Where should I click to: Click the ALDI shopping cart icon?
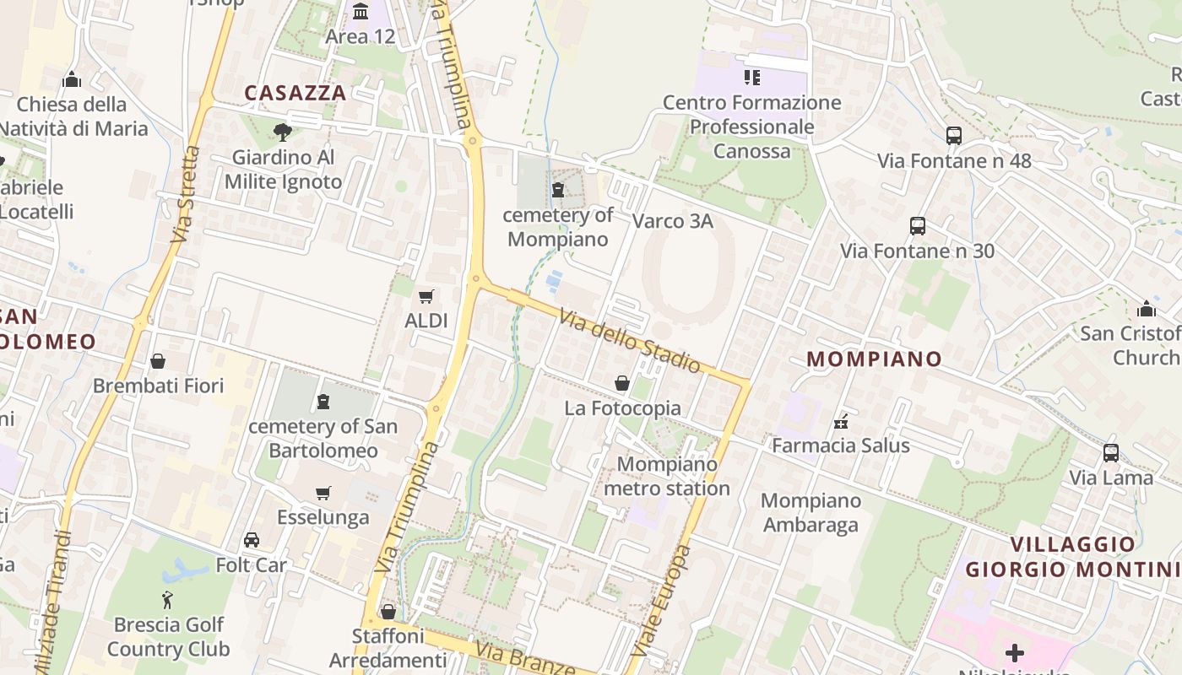[x=426, y=296]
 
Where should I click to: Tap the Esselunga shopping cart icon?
[x=323, y=493]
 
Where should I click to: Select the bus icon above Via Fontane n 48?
[x=954, y=135]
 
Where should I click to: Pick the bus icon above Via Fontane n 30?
[x=918, y=226]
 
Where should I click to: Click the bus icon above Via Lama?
[x=1111, y=453]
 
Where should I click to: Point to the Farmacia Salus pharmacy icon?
[x=841, y=420]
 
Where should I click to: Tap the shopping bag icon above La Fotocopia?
[x=622, y=383]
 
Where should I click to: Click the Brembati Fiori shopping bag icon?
[x=158, y=361]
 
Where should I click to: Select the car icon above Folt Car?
[x=252, y=540]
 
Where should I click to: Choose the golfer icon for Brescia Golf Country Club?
[x=168, y=600]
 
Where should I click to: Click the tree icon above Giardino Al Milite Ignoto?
[x=283, y=132]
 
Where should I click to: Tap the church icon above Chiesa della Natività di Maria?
[x=72, y=80]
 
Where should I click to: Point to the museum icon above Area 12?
[x=361, y=12]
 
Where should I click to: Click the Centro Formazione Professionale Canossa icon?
[x=751, y=78]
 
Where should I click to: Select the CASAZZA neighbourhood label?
[x=295, y=93]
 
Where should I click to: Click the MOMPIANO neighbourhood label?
[x=874, y=359]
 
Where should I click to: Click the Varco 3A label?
[x=673, y=221]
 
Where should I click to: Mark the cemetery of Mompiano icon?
[x=557, y=190]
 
